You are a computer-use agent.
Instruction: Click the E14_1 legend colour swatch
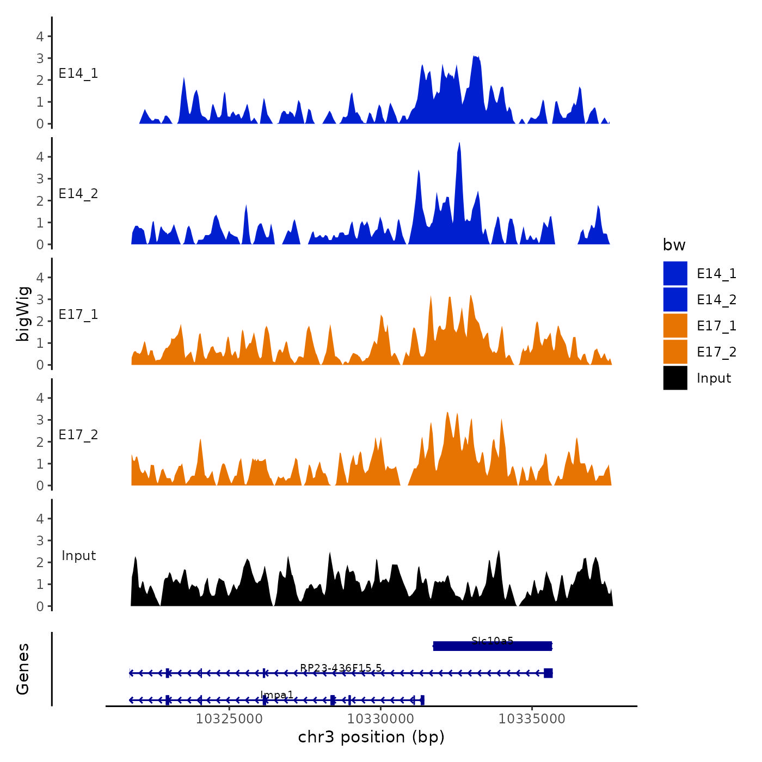(x=675, y=273)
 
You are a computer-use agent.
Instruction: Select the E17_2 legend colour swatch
(x=675, y=352)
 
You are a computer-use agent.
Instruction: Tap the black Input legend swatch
(x=675, y=378)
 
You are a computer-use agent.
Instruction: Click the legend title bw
(x=674, y=245)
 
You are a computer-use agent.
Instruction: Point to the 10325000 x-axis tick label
(x=229, y=718)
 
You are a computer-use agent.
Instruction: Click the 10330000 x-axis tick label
(x=380, y=718)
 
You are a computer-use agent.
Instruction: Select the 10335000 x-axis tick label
(x=532, y=718)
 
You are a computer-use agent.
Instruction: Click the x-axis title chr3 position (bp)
(x=371, y=737)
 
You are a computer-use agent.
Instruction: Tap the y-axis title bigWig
(x=23, y=314)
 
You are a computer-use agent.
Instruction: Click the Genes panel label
(x=23, y=669)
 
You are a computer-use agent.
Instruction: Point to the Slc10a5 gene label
(x=492, y=641)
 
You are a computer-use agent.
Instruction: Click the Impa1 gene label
(x=276, y=695)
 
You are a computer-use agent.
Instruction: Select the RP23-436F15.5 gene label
(x=341, y=668)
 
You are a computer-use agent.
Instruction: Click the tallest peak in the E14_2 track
(x=459, y=145)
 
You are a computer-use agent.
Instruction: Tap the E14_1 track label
(x=78, y=73)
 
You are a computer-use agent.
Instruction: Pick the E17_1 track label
(x=78, y=315)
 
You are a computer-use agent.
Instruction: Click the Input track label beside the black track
(x=78, y=556)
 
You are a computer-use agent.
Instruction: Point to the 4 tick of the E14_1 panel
(x=40, y=36)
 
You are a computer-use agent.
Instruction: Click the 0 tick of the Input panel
(x=40, y=606)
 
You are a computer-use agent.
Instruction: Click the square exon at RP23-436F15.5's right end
(x=548, y=673)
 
